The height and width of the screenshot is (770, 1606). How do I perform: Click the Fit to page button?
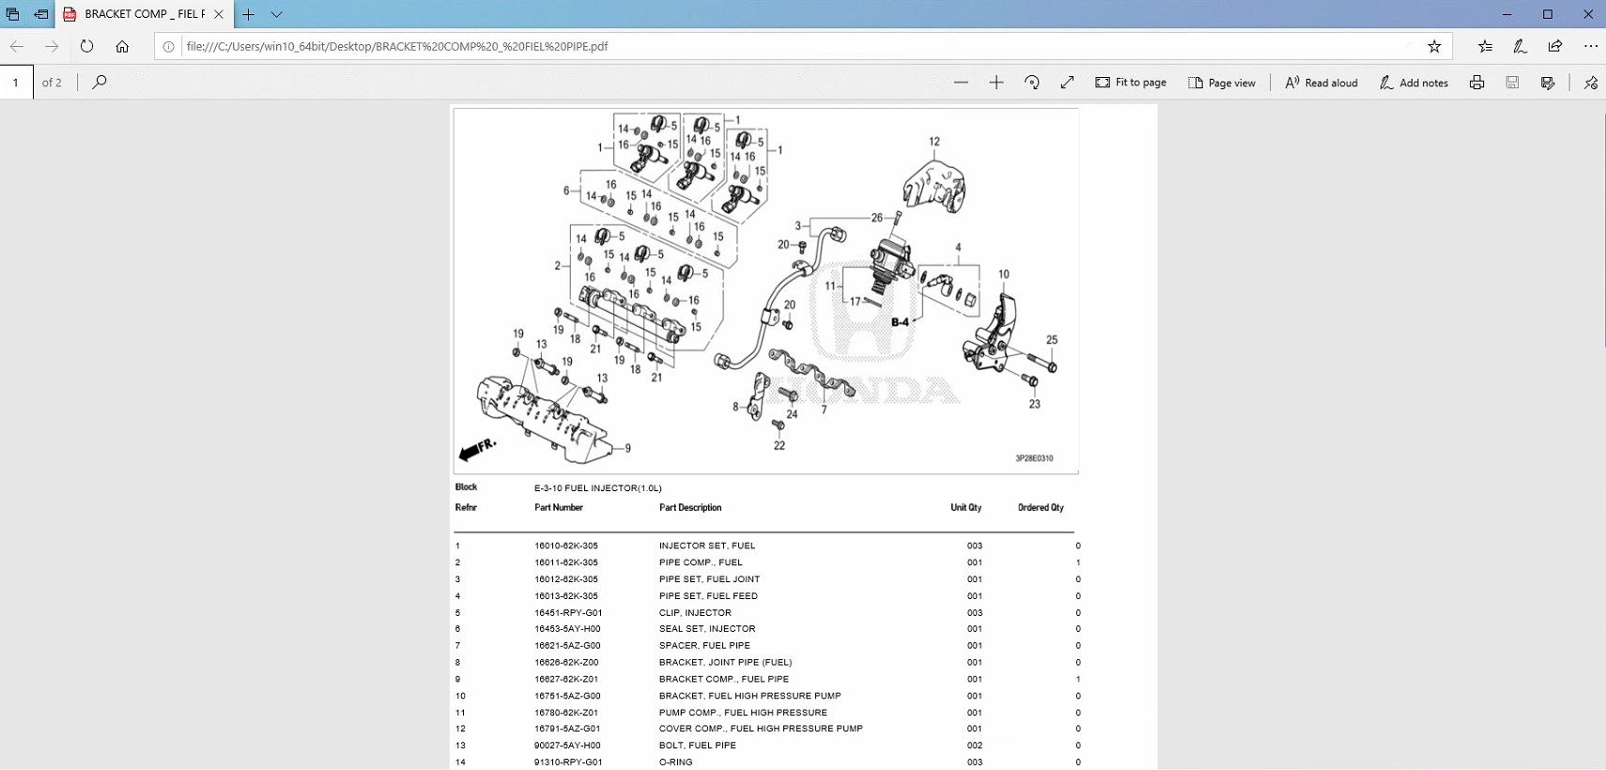click(x=1131, y=83)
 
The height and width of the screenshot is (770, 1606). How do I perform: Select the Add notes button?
click(x=1413, y=83)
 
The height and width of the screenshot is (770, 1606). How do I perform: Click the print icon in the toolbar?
click(x=1476, y=83)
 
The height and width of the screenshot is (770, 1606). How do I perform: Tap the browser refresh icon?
click(x=86, y=46)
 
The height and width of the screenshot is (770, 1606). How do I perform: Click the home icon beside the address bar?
click(x=122, y=46)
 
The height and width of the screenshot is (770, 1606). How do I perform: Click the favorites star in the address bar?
click(x=1434, y=46)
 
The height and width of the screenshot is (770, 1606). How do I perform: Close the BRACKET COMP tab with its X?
click(x=219, y=14)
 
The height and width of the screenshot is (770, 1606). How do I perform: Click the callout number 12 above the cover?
click(x=934, y=142)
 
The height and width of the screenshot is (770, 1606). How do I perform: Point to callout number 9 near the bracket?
click(x=627, y=449)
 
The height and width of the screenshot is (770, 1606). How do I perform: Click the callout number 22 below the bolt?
click(x=779, y=446)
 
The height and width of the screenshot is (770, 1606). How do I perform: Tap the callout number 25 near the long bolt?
click(x=1051, y=340)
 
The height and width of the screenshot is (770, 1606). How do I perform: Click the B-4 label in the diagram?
click(x=900, y=322)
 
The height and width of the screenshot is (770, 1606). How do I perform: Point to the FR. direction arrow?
click(x=476, y=450)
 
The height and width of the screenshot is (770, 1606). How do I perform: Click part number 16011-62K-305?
click(x=565, y=562)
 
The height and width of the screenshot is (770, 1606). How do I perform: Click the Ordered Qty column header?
click(x=1040, y=508)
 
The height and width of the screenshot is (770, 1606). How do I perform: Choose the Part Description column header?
click(x=689, y=508)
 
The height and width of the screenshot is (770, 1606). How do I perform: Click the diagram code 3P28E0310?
click(x=1033, y=458)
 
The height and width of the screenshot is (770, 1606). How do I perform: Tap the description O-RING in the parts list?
click(x=675, y=762)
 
